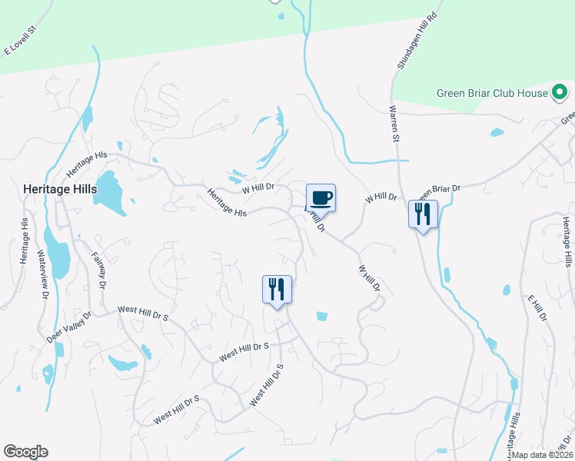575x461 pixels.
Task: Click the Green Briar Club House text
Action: point(492,94)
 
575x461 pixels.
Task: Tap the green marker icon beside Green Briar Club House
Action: point(561,94)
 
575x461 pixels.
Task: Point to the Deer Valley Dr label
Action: point(68,327)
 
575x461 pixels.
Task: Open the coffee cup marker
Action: point(321,198)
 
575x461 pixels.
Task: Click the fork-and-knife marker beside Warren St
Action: point(423,214)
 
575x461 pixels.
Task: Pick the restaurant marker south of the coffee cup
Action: point(277,289)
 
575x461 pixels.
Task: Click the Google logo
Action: point(25,452)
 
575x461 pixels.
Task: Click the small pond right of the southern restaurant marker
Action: point(321,316)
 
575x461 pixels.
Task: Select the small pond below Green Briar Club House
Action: point(497,132)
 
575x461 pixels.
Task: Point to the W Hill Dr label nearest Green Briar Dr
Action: point(381,198)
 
